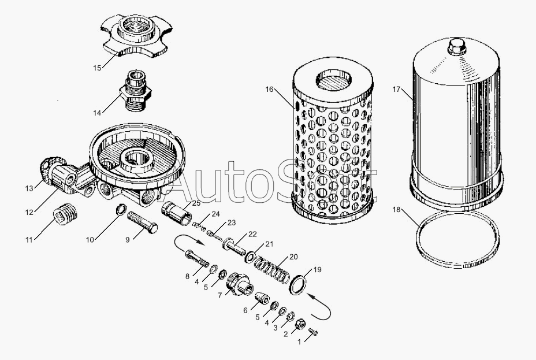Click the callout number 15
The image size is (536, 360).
[x=98, y=68]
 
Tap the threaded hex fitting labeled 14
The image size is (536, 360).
[x=136, y=90]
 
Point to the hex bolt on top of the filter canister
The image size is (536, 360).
[x=457, y=46]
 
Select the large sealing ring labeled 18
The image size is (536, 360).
[x=457, y=239]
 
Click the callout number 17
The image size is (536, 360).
[x=396, y=90]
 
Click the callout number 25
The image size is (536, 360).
[x=196, y=203]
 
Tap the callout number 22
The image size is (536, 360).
[x=252, y=234]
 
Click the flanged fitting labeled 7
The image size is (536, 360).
[x=240, y=284]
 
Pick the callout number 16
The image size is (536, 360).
[x=269, y=89]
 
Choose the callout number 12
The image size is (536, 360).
[x=29, y=212]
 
